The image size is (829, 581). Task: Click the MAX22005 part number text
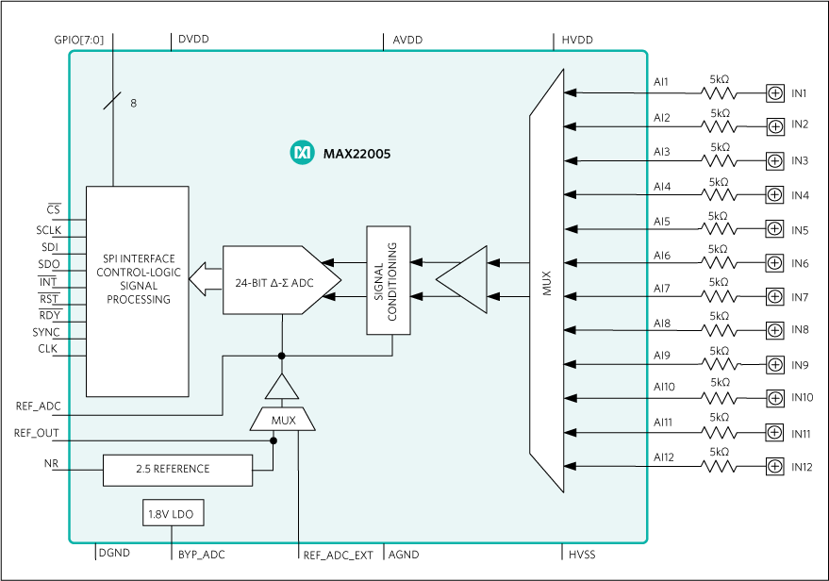(356, 153)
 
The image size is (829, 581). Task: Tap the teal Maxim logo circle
(302, 153)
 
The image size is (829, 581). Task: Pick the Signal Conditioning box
(389, 280)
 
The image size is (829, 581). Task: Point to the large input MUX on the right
(547, 281)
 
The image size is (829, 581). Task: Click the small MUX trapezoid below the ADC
(283, 420)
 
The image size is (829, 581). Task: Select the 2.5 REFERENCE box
(177, 469)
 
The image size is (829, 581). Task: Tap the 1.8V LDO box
(172, 514)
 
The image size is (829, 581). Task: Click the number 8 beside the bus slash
(133, 104)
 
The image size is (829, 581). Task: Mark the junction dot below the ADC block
(282, 356)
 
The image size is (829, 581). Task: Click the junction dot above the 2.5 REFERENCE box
(274, 440)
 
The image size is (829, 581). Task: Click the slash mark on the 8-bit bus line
(112, 100)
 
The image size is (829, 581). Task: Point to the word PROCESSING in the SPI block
(138, 300)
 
